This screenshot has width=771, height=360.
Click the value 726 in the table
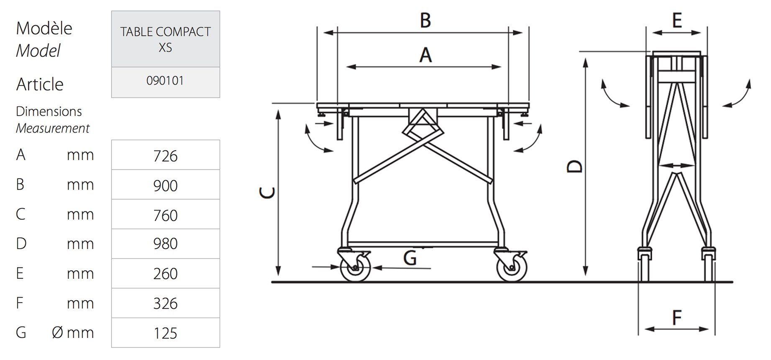165,156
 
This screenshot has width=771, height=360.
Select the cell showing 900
165,185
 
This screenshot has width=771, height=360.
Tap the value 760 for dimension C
165,215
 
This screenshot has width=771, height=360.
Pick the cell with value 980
165,244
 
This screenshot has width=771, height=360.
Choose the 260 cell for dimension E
165,273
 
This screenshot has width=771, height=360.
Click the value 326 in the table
165,303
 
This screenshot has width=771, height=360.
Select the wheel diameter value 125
165,333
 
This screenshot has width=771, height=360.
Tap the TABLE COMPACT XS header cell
165,39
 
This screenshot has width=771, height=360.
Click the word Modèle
44,28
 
